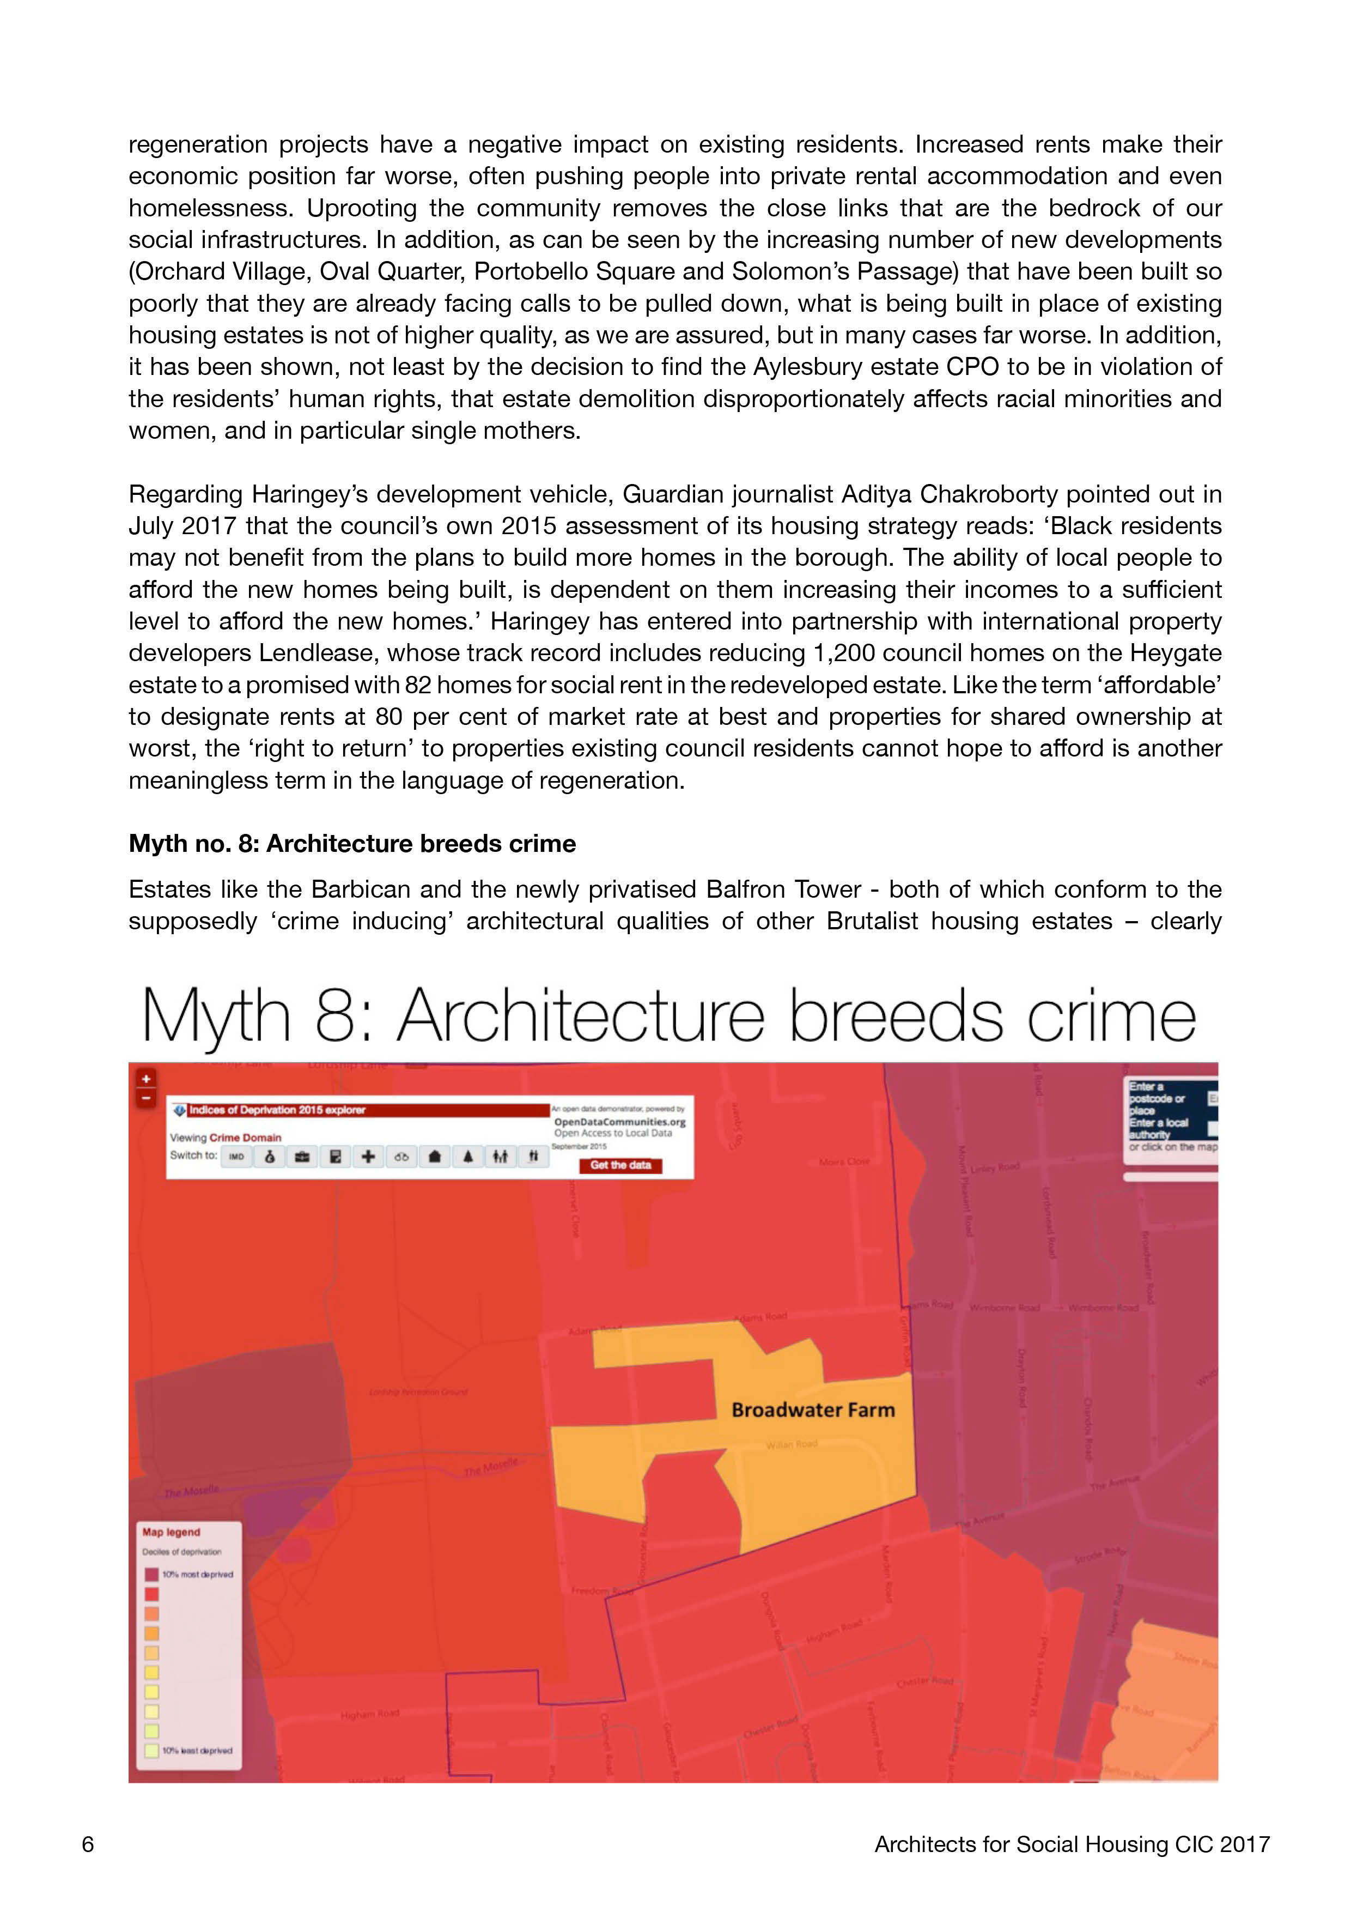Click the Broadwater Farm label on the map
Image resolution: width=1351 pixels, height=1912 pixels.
point(812,1410)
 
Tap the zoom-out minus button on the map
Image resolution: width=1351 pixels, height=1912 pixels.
point(145,1098)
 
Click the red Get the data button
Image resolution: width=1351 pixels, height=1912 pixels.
point(620,1165)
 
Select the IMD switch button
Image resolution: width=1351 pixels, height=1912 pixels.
point(236,1157)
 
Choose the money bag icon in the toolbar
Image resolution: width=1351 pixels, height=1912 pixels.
point(270,1157)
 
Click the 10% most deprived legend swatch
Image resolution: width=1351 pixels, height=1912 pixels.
point(151,1575)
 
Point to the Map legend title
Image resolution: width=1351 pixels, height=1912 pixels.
point(171,1532)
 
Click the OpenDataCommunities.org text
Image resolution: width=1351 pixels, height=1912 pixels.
point(619,1122)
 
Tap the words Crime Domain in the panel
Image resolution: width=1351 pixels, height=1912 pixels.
point(246,1137)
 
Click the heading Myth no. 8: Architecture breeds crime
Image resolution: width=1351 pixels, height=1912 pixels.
point(352,844)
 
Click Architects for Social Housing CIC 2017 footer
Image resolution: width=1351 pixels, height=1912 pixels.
point(1072,1844)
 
